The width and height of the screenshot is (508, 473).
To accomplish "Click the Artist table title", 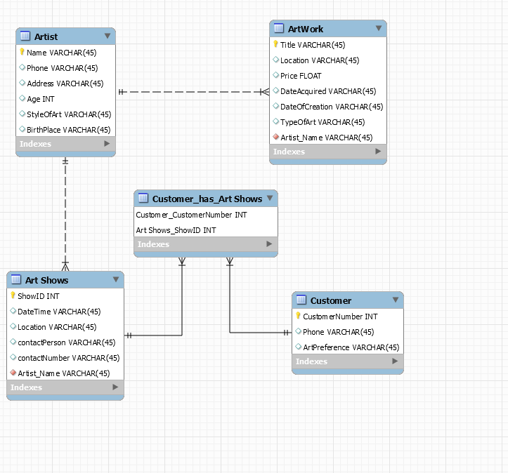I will pos(46,36).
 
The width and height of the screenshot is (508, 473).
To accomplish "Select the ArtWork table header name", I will pos(306,29).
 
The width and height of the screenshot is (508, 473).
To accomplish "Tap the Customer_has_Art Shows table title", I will pos(207,199).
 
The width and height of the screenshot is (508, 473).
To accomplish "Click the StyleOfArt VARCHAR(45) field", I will pos(69,114).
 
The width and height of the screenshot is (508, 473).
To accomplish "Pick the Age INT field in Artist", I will pos(40,99).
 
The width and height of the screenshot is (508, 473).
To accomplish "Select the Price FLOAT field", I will pos(301,76).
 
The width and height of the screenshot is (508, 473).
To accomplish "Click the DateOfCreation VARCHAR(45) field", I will pos(331,107).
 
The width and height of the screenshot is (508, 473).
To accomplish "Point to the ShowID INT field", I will pos(38,296).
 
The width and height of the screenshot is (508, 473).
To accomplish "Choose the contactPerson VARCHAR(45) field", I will pos(66,342).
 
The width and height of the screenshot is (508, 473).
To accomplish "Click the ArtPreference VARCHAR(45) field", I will pos(351,347).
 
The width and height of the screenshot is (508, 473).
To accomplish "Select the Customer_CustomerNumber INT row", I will pos(191,215).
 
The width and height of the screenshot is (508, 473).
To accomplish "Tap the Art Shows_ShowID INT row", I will pos(176,230).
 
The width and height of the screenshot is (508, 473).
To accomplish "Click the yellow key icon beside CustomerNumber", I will pos(298,317).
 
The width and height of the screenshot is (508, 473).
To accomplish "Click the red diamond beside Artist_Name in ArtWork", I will pos(275,138).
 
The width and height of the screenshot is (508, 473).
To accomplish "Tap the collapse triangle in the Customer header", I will pos(396,300).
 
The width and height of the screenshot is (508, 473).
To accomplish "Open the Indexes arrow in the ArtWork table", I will pos(378,152).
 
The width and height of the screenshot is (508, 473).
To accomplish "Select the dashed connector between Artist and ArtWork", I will pos(190,92).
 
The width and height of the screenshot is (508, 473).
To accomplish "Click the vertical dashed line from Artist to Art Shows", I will pos(65,211).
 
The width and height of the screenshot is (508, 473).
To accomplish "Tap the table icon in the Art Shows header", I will pos(16,280).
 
